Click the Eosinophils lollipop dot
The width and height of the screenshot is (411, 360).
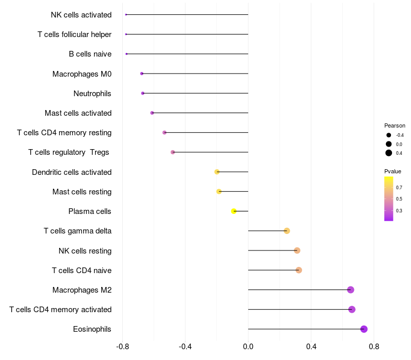tap(364, 329)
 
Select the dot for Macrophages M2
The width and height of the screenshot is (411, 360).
tap(350, 290)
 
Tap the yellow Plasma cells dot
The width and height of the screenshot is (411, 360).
tap(234, 211)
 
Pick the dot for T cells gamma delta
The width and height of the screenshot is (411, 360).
tap(287, 231)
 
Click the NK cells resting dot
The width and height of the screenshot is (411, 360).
tap(297, 250)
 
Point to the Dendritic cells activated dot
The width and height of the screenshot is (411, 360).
tap(217, 172)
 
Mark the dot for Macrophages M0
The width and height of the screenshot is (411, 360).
tap(142, 74)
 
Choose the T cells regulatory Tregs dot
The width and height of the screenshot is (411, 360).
tap(173, 152)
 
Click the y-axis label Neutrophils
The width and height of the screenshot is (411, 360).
tap(92, 94)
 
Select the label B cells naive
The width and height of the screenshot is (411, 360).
tap(90, 54)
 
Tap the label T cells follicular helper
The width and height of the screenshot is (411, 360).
tap(74, 34)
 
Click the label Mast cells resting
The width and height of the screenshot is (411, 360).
tap(82, 192)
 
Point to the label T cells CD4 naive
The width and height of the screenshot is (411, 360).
tap(82, 271)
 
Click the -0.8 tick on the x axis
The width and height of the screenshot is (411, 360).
tap(122, 347)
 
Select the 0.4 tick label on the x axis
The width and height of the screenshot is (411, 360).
tap(311, 347)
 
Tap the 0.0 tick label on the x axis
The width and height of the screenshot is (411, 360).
tap(248, 347)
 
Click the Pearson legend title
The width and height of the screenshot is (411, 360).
tap(395, 125)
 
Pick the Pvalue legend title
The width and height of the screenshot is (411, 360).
tap(393, 171)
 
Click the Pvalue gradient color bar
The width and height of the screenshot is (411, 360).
tap(388, 199)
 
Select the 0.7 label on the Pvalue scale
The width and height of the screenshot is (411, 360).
tap(399, 188)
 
